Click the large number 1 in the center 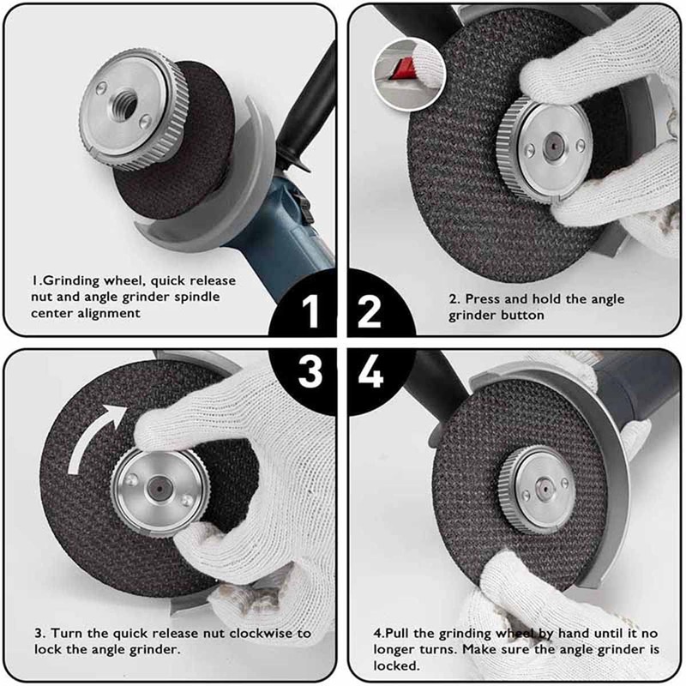coord(313,311)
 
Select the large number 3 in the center coord(311,373)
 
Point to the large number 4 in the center coord(370,373)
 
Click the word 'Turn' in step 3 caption coord(65,633)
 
